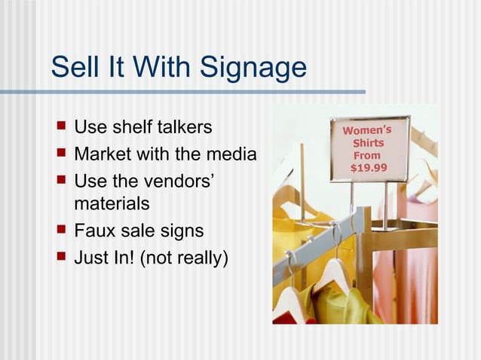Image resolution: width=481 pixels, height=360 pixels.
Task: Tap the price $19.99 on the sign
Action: (x=369, y=167)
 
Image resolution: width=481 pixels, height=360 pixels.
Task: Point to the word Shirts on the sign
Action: (x=368, y=142)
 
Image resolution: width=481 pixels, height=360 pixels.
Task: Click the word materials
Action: (x=112, y=204)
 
